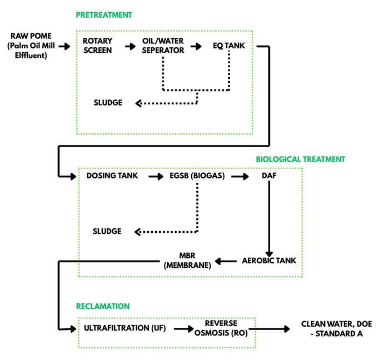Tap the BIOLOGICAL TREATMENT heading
coord(300,159)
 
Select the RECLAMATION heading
coord(103,306)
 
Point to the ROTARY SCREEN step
coord(97,46)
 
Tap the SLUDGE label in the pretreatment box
coord(109,103)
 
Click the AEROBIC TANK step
coord(268,261)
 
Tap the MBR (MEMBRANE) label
coord(188,261)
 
